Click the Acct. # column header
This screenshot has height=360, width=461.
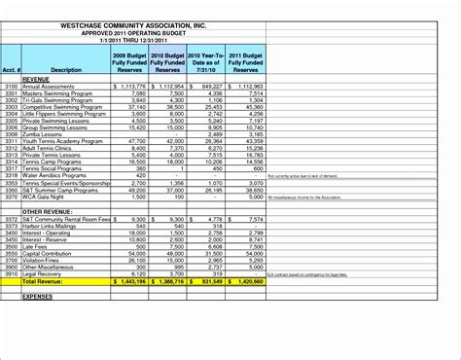click(x=13, y=70)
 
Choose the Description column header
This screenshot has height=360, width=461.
click(x=65, y=70)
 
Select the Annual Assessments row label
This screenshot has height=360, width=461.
click(x=52, y=86)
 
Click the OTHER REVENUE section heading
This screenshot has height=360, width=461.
click(x=46, y=211)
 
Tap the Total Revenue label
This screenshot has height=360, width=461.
click(x=57, y=282)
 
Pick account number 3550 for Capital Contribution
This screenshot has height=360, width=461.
click(x=12, y=254)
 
